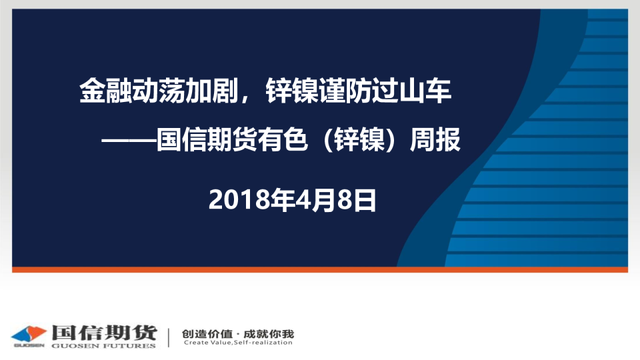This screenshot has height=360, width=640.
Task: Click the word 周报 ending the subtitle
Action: click(435, 139)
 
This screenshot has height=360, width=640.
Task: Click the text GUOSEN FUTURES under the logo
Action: click(104, 346)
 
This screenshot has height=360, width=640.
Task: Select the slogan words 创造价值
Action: click(207, 334)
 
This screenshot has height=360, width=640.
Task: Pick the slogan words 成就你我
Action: click(269, 334)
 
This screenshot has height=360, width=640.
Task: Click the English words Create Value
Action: click(207, 343)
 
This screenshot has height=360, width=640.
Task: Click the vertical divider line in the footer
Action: click(169, 337)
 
